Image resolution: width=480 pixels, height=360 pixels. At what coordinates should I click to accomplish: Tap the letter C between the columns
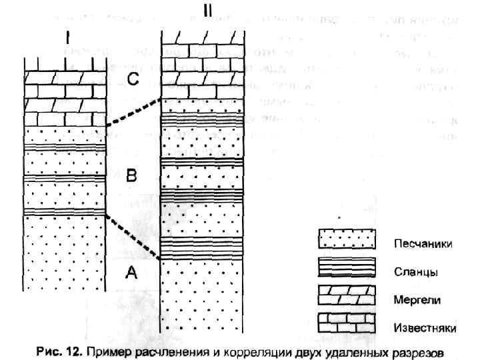(133, 81)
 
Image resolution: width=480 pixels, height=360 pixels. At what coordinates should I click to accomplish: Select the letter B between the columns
(132, 176)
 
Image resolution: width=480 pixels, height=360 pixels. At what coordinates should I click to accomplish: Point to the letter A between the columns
(131, 273)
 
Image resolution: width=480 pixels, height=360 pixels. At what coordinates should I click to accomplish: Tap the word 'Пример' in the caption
(103, 350)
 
